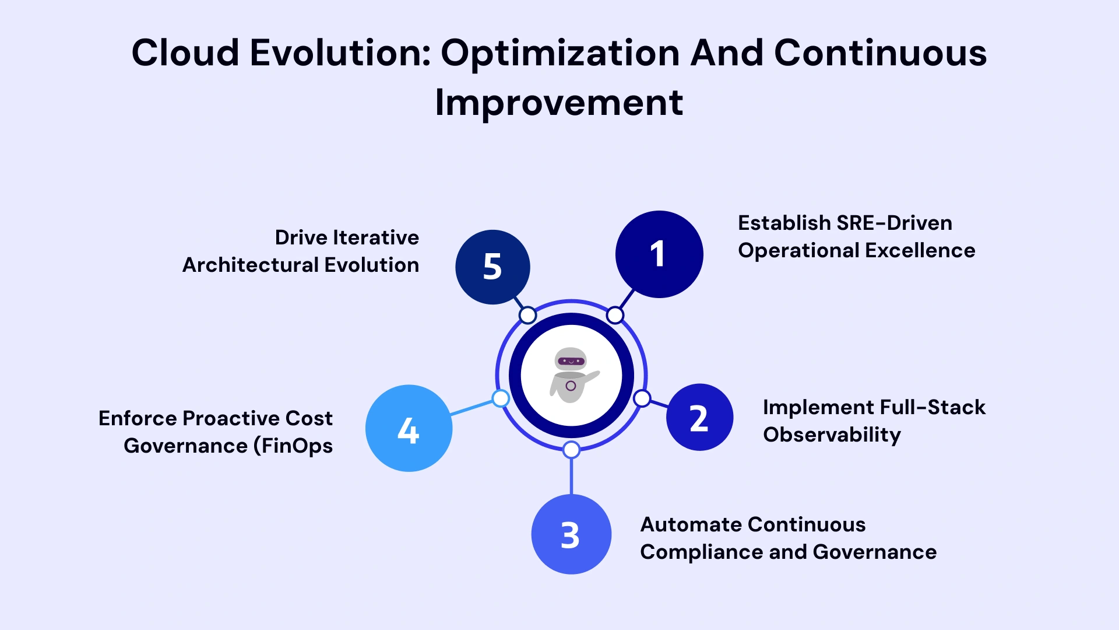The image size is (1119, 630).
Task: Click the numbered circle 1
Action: (x=659, y=254)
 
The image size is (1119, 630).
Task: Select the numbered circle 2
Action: (x=699, y=417)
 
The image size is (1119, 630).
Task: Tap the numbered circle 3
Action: (x=571, y=534)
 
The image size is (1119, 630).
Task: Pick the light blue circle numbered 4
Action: (x=409, y=428)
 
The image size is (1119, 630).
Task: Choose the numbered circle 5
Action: (x=492, y=267)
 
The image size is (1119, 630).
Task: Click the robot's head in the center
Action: (x=571, y=360)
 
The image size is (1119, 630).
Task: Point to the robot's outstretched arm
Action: (x=590, y=377)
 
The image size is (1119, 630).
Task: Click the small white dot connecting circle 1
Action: (x=615, y=316)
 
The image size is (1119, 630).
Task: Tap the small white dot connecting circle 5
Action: (x=527, y=316)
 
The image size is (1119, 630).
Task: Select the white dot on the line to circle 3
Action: (x=571, y=450)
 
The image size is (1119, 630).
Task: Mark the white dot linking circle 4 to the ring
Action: (x=501, y=398)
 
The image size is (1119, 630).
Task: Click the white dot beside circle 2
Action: (x=642, y=398)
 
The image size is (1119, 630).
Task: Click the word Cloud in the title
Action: (x=185, y=52)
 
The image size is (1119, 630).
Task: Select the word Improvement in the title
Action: (x=559, y=103)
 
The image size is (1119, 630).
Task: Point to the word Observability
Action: (x=832, y=435)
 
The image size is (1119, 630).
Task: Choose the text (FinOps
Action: (x=293, y=446)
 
